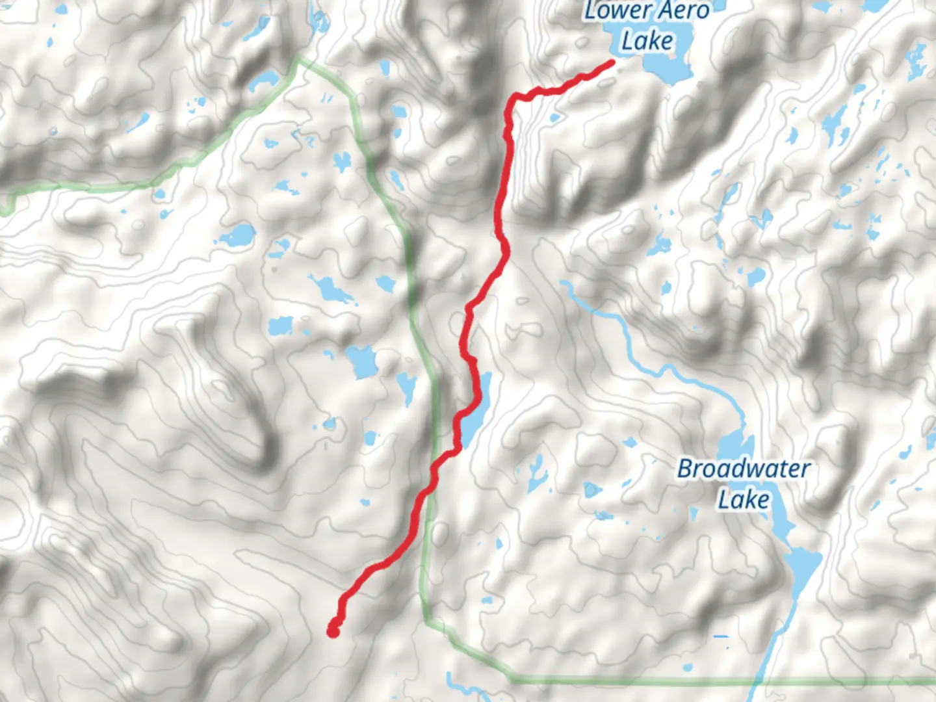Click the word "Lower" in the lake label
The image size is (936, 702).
[618, 12]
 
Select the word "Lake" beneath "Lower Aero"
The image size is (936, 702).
[647, 41]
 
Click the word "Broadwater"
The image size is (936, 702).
[744, 469]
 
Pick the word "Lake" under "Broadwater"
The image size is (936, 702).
[744, 500]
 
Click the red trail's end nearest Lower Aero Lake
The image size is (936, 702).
[611, 62]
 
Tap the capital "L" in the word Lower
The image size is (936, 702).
[591, 11]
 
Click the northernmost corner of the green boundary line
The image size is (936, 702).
[300, 59]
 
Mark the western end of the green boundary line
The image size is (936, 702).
[5, 209]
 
